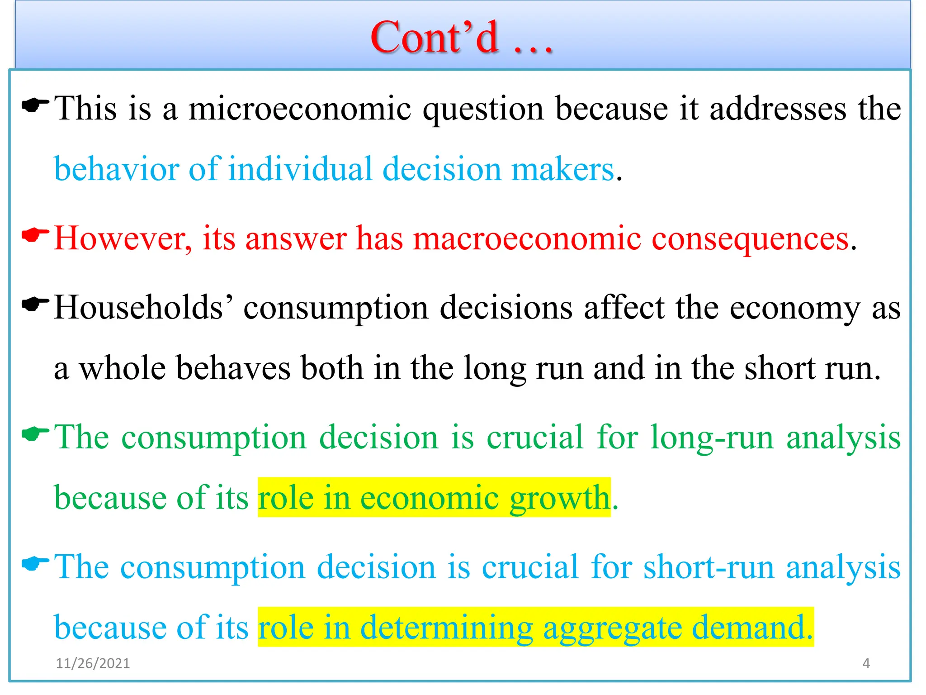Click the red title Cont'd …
461,38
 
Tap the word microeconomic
300,109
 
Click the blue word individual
300,169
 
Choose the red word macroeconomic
527,238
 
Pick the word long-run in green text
712,438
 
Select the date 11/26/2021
93,663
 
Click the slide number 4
866,663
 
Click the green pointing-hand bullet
35,434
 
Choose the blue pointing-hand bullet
35,563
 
